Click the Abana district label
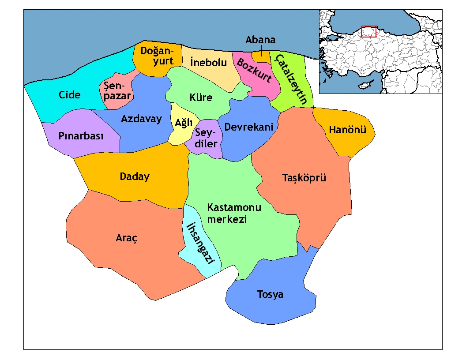click(x=260, y=40)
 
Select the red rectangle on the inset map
click(x=368, y=31)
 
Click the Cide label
click(x=70, y=95)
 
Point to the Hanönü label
click(x=342, y=130)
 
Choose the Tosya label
click(x=270, y=294)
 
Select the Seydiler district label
click(x=206, y=138)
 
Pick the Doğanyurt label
click(x=157, y=56)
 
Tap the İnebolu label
click(x=208, y=63)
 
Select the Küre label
click(x=201, y=97)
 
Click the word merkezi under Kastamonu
click(x=227, y=219)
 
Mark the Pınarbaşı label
click(x=81, y=136)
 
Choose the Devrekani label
click(x=248, y=127)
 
